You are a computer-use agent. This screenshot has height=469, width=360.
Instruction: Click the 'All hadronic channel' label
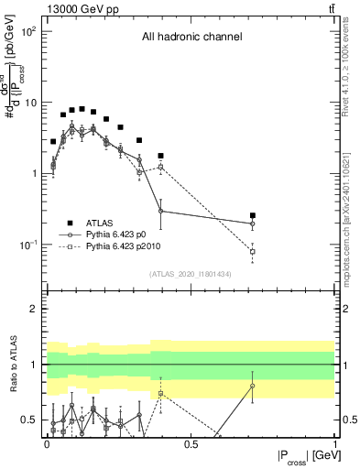pyautogui.click(x=191, y=38)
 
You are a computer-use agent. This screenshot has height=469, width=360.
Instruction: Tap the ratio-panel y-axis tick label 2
pyautogui.click(x=33, y=309)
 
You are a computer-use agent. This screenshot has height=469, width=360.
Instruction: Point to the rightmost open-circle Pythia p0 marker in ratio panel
pyautogui.click(x=253, y=386)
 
